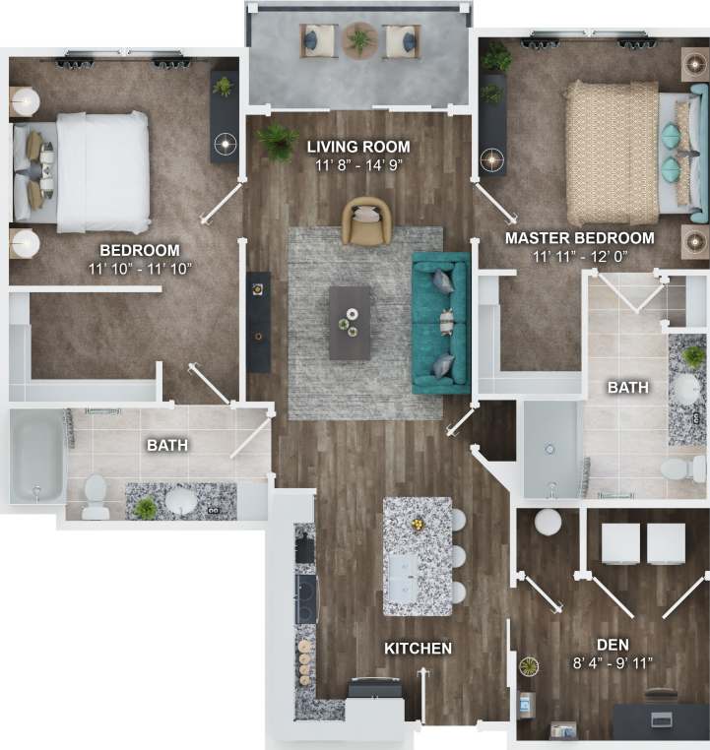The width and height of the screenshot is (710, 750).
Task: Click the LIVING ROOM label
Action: pos(357,148)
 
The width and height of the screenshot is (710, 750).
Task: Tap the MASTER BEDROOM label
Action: pos(579,238)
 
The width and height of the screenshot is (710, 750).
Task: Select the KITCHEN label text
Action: pos(419,648)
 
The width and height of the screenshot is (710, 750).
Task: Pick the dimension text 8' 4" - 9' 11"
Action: pos(613,635)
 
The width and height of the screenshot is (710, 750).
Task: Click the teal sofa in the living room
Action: pos(440,323)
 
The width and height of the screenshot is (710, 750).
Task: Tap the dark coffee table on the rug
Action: pos(350,323)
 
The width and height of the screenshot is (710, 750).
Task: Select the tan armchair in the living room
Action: pos(366,220)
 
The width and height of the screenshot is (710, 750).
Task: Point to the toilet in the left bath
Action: pos(96,496)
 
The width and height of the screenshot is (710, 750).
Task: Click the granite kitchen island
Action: pos(418,555)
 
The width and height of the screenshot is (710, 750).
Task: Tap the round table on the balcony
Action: pos(360,40)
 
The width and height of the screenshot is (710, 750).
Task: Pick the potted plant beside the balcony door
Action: pos(278,141)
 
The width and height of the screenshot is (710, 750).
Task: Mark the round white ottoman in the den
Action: pos(548,522)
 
